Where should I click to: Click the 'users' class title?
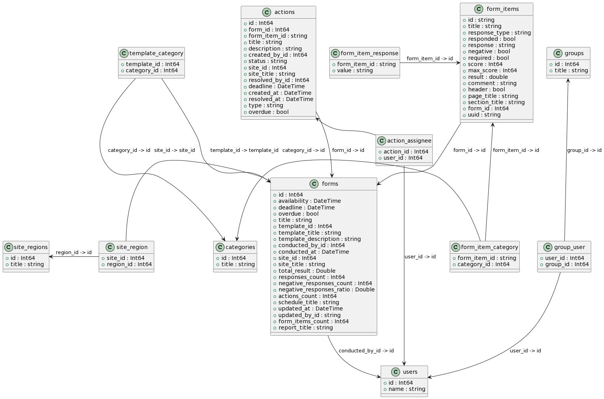410,372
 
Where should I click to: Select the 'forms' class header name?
330,184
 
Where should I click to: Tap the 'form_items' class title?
502,9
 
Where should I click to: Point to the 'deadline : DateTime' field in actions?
276,86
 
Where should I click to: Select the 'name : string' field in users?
406,389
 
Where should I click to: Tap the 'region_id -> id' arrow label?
74,253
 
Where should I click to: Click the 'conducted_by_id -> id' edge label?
366,351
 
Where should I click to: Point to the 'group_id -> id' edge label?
584,150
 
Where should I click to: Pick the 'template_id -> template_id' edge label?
244,150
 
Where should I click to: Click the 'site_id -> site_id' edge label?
174,150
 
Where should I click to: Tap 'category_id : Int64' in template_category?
151,70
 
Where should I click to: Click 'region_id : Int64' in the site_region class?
129,264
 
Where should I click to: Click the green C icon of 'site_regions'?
9,247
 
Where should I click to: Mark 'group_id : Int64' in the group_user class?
567,264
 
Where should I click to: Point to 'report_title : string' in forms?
305,328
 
